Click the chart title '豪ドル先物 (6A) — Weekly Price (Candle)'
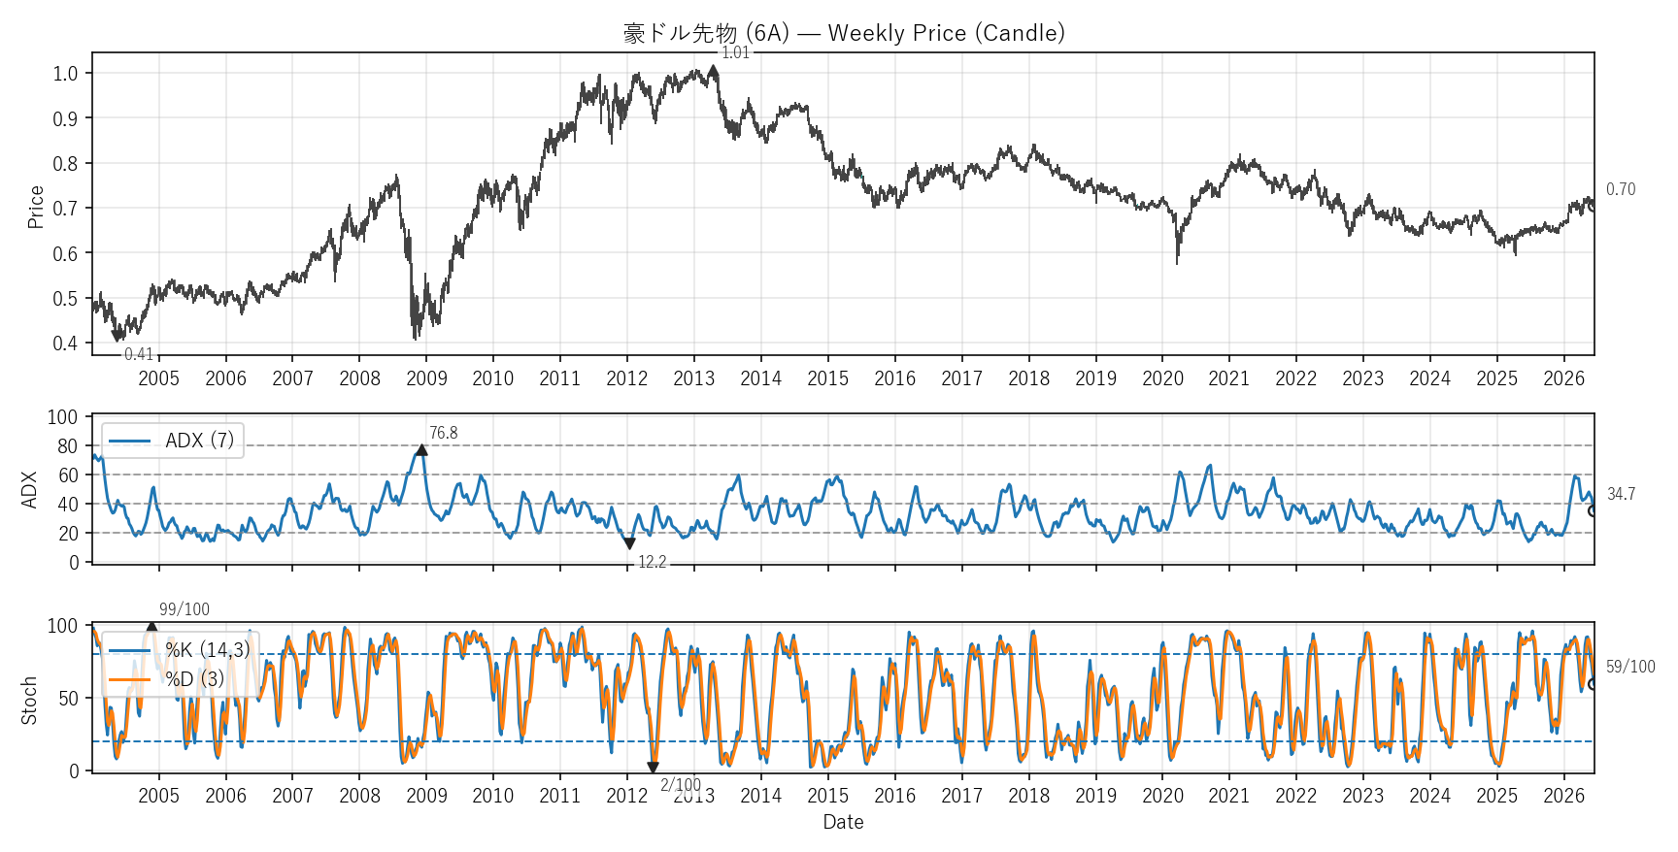(x=844, y=33)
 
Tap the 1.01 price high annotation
(x=736, y=52)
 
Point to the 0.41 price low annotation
(x=139, y=354)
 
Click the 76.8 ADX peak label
(x=444, y=433)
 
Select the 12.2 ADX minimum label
(x=653, y=562)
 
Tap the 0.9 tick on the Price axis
(x=66, y=118)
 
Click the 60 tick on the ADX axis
(x=68, y=475)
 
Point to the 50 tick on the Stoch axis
(x=68, y=699)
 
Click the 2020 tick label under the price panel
(x=1162, y=378)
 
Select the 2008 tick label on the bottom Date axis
(x=359, y=796)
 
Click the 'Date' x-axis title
(x=843, y=822)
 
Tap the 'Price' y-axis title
(x=36, y=207)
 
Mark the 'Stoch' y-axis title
(x=29, y=701)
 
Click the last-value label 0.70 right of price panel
(x=1621, y=189)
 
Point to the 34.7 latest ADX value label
(x=1621, y=494)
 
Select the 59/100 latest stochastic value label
(x=1630, y=667)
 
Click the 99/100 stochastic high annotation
(x=185, y=609)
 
